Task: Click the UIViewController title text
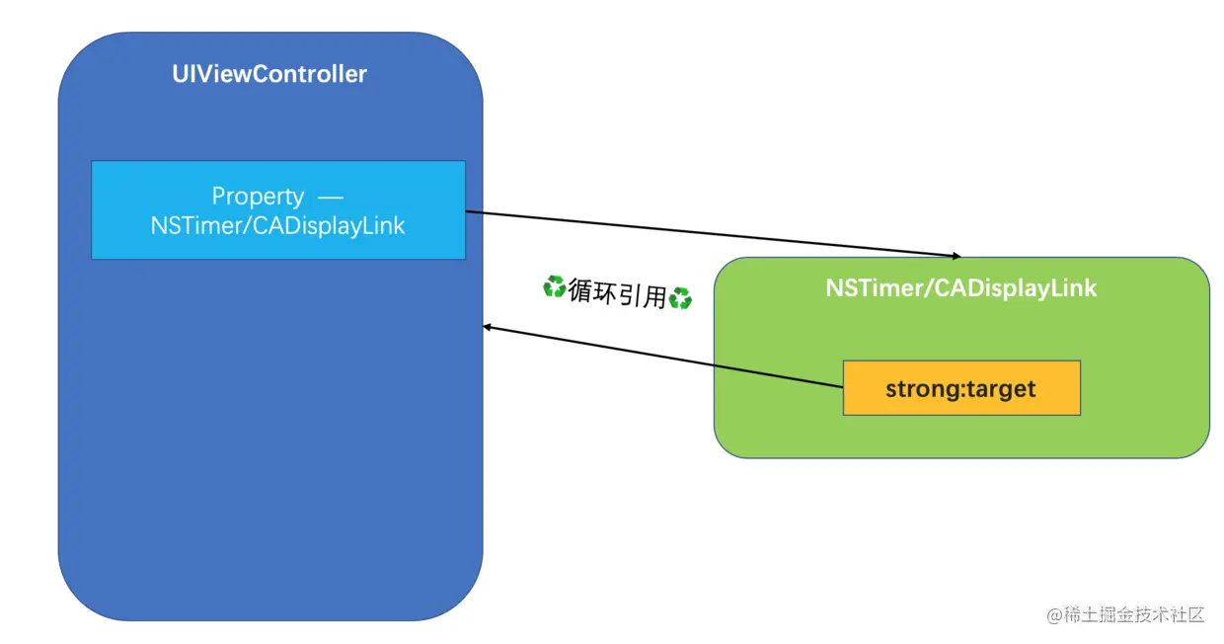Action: click(x=269, y=74)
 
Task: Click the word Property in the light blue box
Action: click(x=258, y=197)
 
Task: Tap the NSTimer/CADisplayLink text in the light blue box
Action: click(x=277, y=225)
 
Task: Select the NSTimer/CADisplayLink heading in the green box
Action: click(x=960, y=288)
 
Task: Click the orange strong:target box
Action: click(x=960, y=388)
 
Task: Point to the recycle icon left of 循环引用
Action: click(x=554, y=287)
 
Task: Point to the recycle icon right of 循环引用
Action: click(x=680, y=297)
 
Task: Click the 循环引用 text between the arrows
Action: click(x=617, y=292)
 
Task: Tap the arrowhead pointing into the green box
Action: click(x=966, y=255)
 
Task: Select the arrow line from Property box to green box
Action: click(x=711, y=233)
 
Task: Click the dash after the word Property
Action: click(x=330, y=197)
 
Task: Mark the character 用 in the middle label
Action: click(x=655, y=295)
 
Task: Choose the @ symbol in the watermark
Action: click(x=1054, y=615)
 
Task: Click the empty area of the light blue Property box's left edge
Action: click(x=98, y=210)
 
